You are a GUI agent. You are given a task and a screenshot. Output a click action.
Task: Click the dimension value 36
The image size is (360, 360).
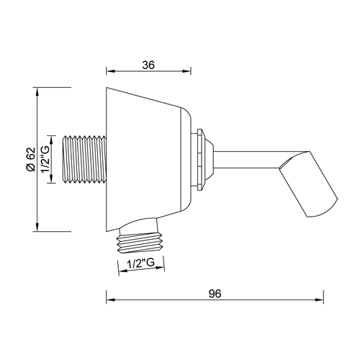150,64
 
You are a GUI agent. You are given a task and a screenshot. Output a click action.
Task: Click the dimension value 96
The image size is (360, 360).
215,294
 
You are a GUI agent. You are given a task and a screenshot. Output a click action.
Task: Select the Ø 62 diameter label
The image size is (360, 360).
30,160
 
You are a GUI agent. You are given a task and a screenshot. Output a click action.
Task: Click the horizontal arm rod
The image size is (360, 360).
248,160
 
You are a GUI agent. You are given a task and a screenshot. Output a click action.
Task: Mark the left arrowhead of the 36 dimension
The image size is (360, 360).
109,71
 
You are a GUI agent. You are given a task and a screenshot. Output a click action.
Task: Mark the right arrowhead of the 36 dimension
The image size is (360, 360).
190,71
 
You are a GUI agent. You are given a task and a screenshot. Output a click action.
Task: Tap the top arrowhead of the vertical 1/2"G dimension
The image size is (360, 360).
52,135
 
